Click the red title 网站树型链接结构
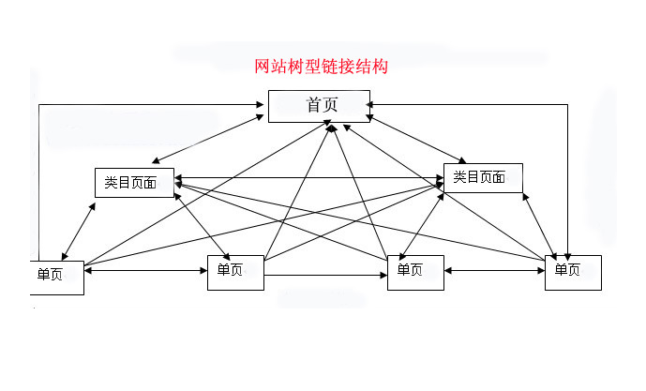coord(322,68)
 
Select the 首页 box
coord(319,106)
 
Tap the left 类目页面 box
coord(135,182)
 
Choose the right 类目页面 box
coord(483,177)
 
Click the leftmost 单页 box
coord(56,276)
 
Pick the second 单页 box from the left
coord(234,271)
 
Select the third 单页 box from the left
coord(415,271)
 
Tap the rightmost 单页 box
coord(572,271)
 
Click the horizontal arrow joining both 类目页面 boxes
coord(309,178)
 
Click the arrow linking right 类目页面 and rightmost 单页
coord(544,225)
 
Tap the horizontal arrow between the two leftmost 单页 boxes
coord(145,271)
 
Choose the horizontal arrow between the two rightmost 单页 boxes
coord(494,271)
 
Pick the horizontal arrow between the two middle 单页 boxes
coord(324,275)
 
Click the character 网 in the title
coord(263,68)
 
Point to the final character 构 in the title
coord(380,68)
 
